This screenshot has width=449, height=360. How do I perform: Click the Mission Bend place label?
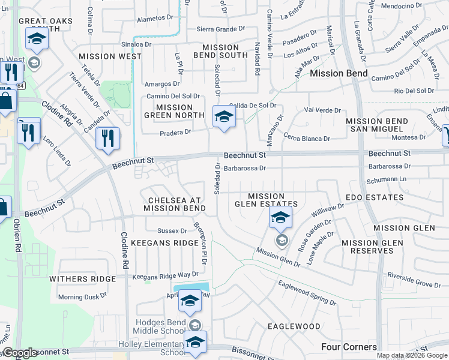click(x=339, y=73)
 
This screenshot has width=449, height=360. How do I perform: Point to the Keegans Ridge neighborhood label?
click(x=164, y=243)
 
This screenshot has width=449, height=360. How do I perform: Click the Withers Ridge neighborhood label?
click(x=82, y=279)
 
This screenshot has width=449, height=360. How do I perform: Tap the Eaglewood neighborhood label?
click(x=294, y=326)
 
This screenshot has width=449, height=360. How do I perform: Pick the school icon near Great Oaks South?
click(x=37, y=40)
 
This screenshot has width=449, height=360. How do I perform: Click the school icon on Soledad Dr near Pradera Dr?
click(x=224, y=116)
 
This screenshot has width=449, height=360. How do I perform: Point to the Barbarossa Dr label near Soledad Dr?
click(x=244, y=169)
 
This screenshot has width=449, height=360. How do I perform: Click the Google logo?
click(x=20, y=353)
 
